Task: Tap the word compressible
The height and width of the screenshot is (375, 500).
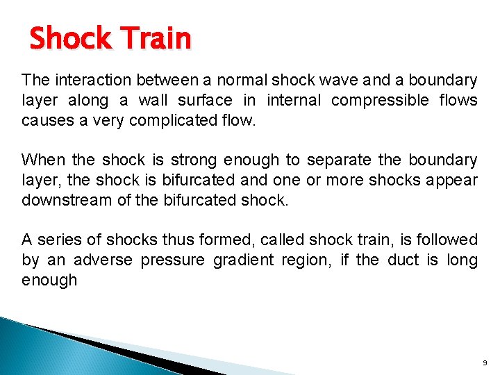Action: pyautogui.click(x=380, y=100)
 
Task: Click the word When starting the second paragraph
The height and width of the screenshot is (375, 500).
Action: pyautogui.click(x=42, y=160)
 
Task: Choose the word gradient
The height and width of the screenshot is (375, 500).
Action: pyautogui.click(x=251, y=260)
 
